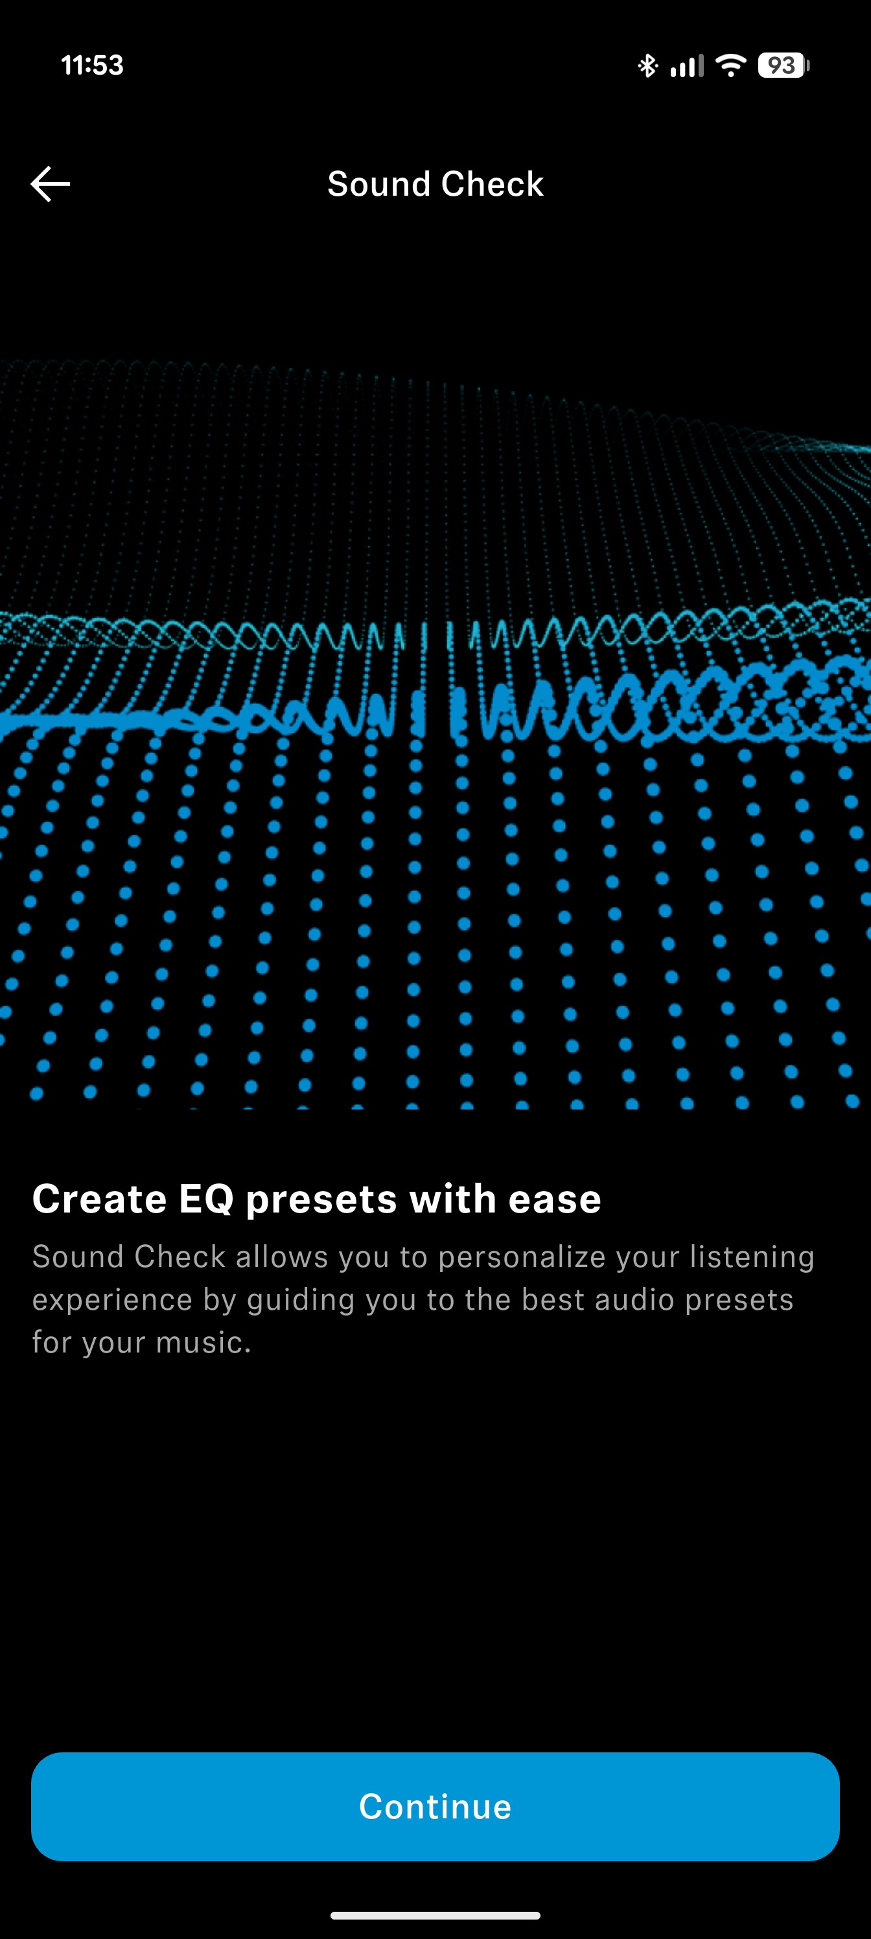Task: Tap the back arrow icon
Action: pyautogui.click(x=51, y=183)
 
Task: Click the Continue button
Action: pyautogui.click(x=435, y=1805)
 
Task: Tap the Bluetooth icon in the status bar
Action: pyautogui.click(x=647, y=65)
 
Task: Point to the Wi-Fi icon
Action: pyautogui.click(x=730, y=65)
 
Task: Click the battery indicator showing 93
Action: pyautogui.click(x=783, y=65)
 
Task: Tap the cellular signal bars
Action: pyautogui.click(x=686, y=65)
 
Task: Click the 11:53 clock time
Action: pyautogui.click(x=92, y=65)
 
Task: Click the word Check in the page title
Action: pyautogui.click(x=493, y=183)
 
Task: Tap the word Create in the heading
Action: pyautogui.click(x=99, y=1198)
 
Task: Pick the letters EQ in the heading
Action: pyautogui.click(x=206, y=1198)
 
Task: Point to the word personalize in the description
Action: pyautogui.click(x=522, y=1257)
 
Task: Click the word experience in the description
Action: pyautogui.click(x=112, y=1300)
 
